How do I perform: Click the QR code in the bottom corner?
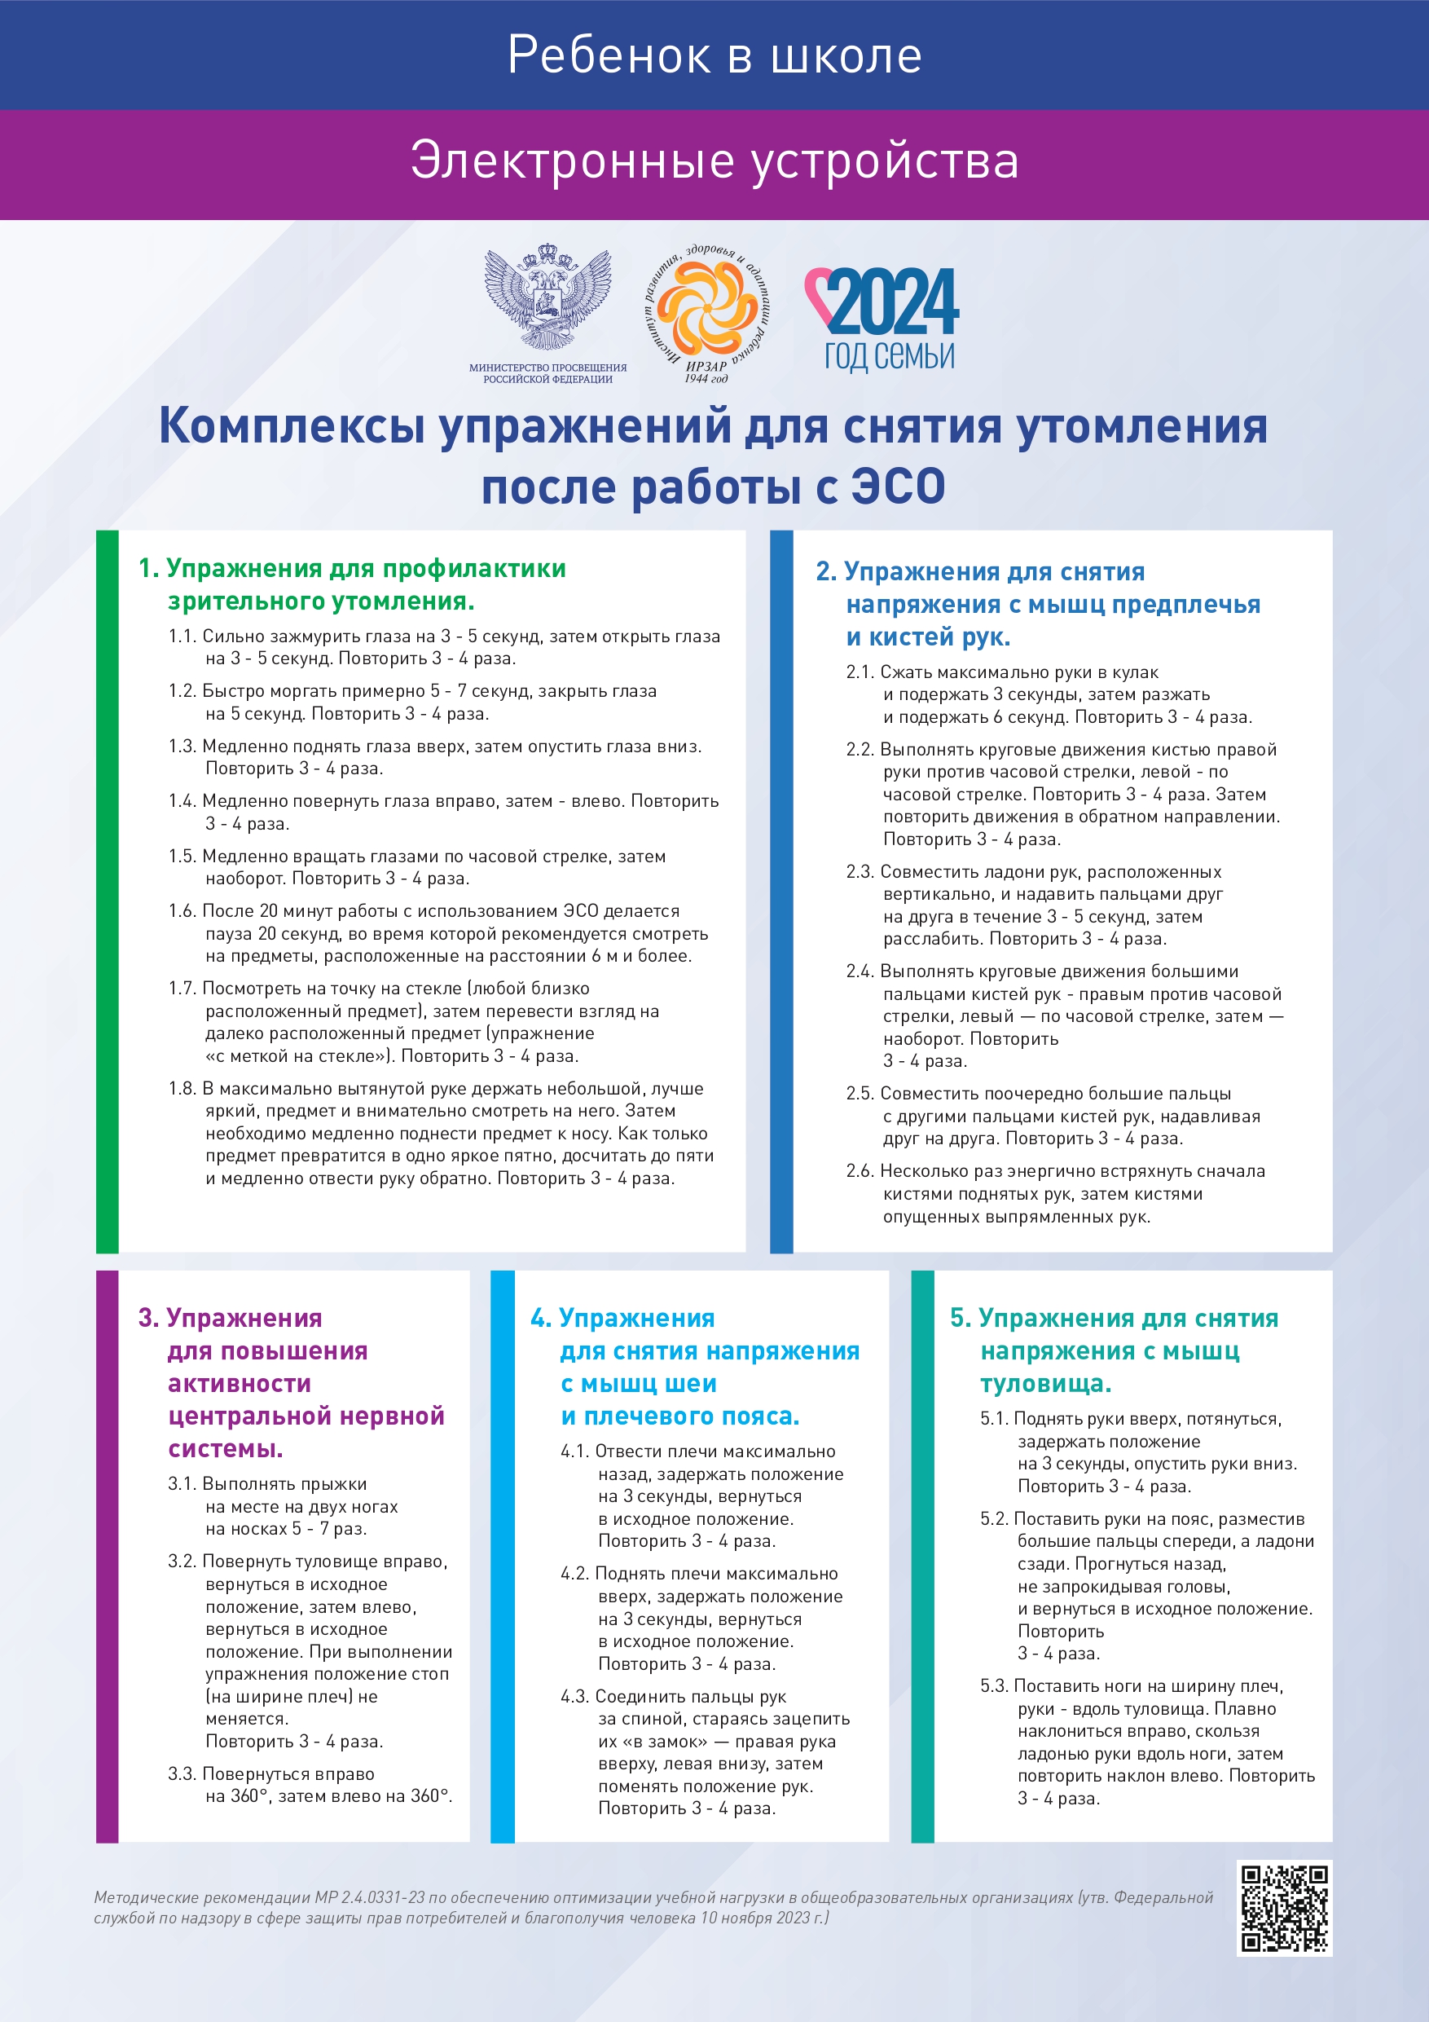coord(1284,1909)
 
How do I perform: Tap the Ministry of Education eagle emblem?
coord(547,299)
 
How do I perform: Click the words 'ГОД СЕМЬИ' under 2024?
coord(890,357)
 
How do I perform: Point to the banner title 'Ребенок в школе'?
coord(714,55)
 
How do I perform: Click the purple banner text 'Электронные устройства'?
coord(714,161)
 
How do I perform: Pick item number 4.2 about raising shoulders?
coord(575,1574)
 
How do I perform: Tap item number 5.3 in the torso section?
coord(995,1685)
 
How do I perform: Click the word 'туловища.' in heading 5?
coord(1045,1384)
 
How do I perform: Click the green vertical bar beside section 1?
coord(107,890)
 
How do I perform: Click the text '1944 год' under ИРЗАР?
coord(706,379)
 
